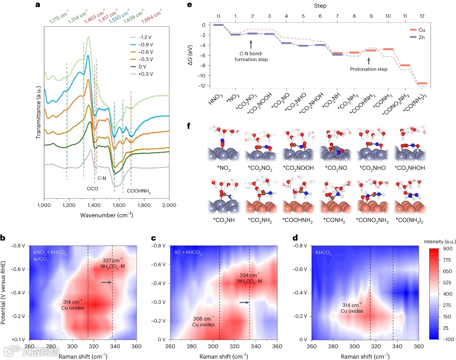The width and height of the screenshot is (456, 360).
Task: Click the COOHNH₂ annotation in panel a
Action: pos(140,191)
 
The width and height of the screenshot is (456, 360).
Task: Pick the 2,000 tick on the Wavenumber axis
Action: pos(169,205)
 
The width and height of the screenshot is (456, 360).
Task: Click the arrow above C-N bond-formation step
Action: pos(251,44)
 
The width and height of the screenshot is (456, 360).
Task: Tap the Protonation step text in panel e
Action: pos(369,69)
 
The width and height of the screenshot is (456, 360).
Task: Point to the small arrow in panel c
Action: pos(244,302)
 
